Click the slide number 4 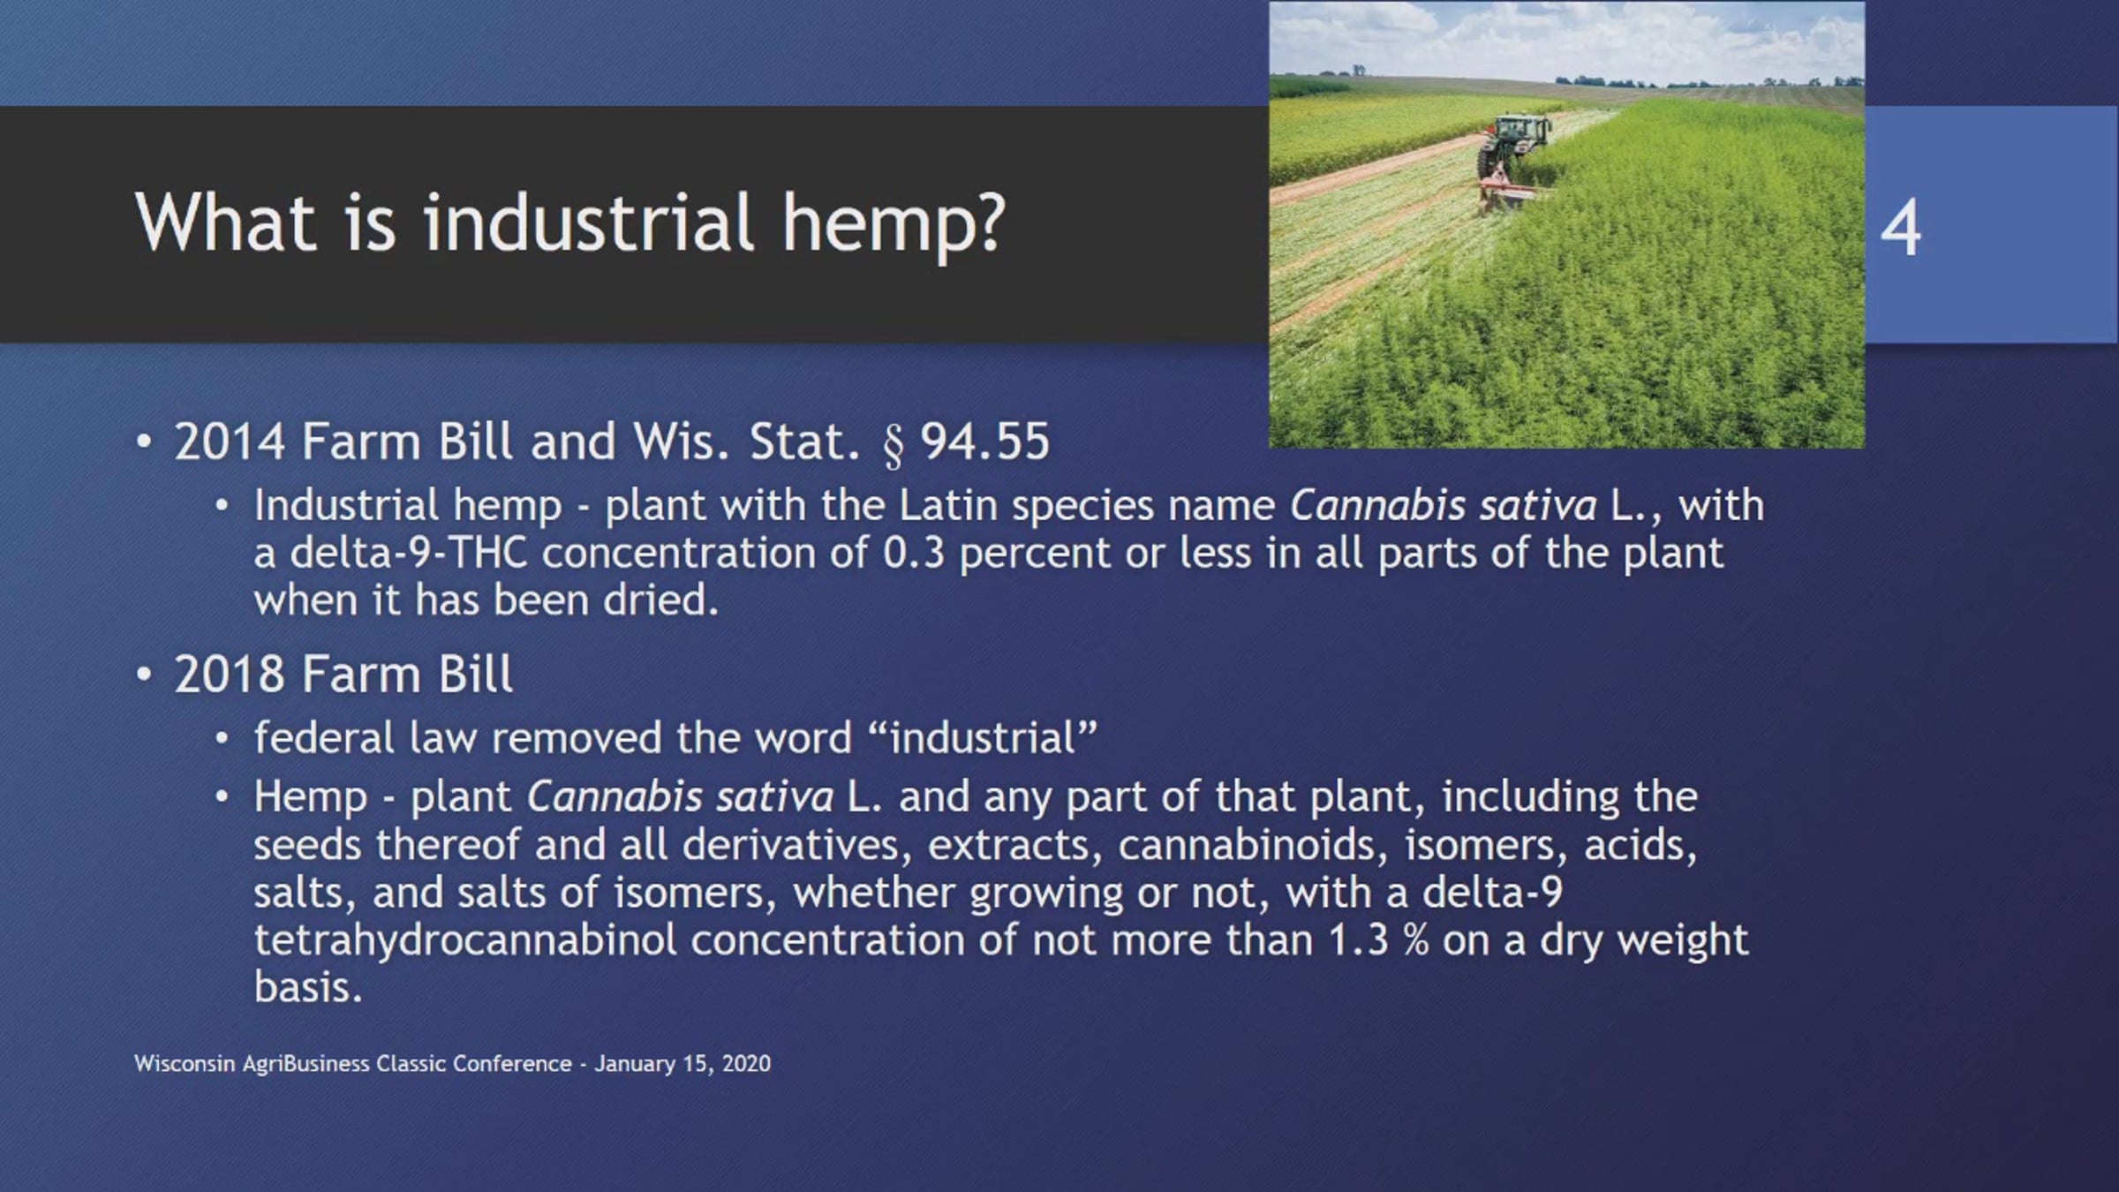pos(1900,227)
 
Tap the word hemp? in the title pos(894,225)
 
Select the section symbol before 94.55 pos(894,444)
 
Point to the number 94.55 pos(985,441)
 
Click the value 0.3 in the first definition pos(914,554)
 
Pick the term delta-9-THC pos(409,554)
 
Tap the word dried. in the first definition pos(661,600)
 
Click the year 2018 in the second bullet pos(230,675)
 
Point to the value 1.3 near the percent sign pos(1359,940)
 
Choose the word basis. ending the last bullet pos(308,986)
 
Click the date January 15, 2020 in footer pos(682,1063)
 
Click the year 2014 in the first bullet pos(230,441)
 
